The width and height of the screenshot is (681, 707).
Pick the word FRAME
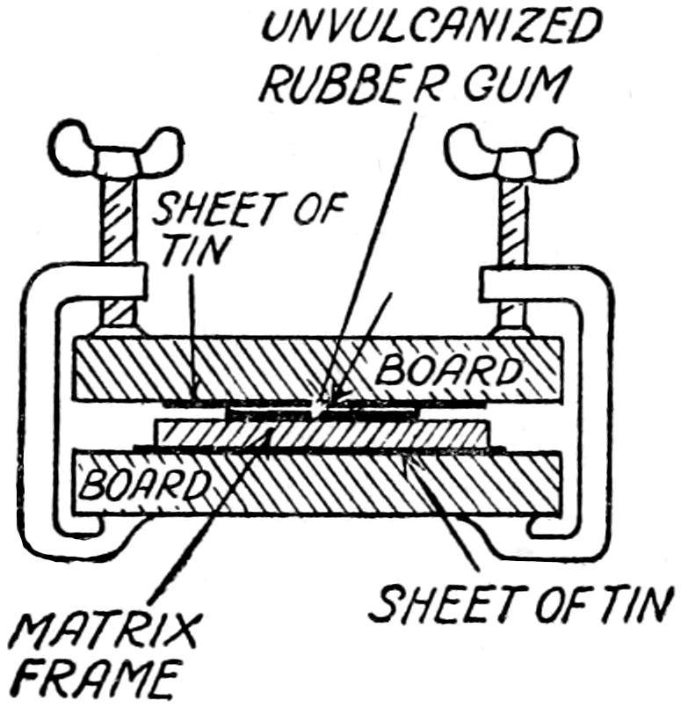[84, 681]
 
